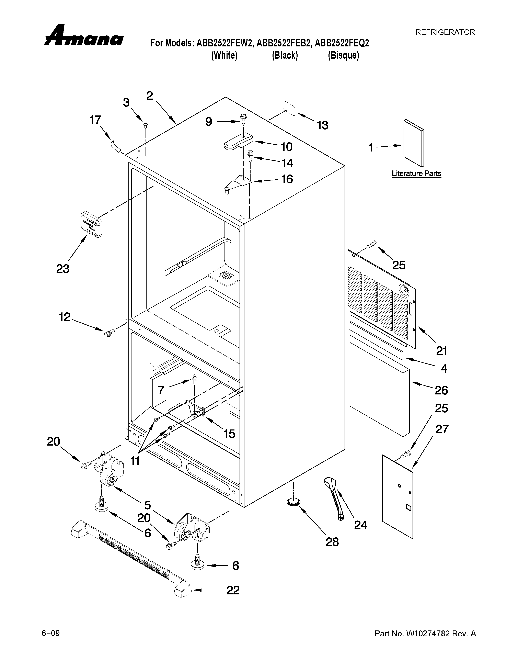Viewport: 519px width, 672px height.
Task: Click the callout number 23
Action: (63, 269)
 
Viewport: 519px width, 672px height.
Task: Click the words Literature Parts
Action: (416, 173)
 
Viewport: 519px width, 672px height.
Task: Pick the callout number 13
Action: (323, 125)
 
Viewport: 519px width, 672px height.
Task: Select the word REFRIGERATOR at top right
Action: (445, 32)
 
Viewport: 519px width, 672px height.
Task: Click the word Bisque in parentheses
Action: (343, 55)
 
